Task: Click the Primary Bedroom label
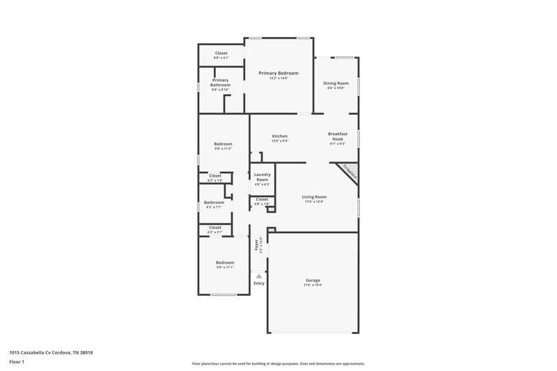click(278, 73)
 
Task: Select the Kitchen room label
click(280, 136)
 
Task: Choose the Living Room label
click(314, 197)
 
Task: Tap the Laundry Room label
click(262, 177)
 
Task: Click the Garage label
click(313, 280)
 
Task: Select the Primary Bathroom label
click(220, 82)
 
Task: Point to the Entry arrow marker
click(259, 276)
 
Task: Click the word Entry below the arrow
click(259, 283)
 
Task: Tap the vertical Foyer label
click(256, 246)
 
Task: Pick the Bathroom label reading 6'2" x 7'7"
click(214, 203)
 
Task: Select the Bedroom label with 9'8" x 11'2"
click(223, 144)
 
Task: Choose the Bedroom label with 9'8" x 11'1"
click(224, 262)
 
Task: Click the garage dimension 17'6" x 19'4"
click(313, 285)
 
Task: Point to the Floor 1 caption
click(17, 362)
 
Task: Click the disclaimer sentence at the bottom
click(278, 363)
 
